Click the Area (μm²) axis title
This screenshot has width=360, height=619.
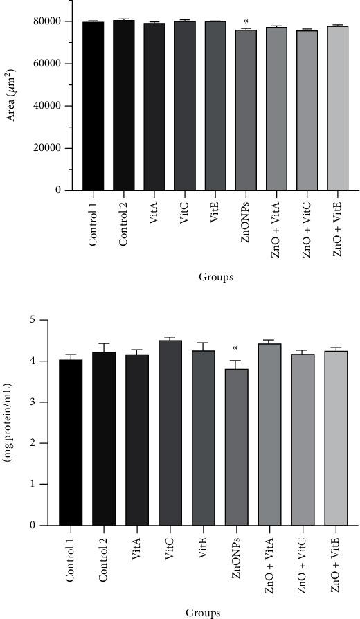click(12, 103)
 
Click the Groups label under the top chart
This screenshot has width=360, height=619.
click(215, 278)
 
